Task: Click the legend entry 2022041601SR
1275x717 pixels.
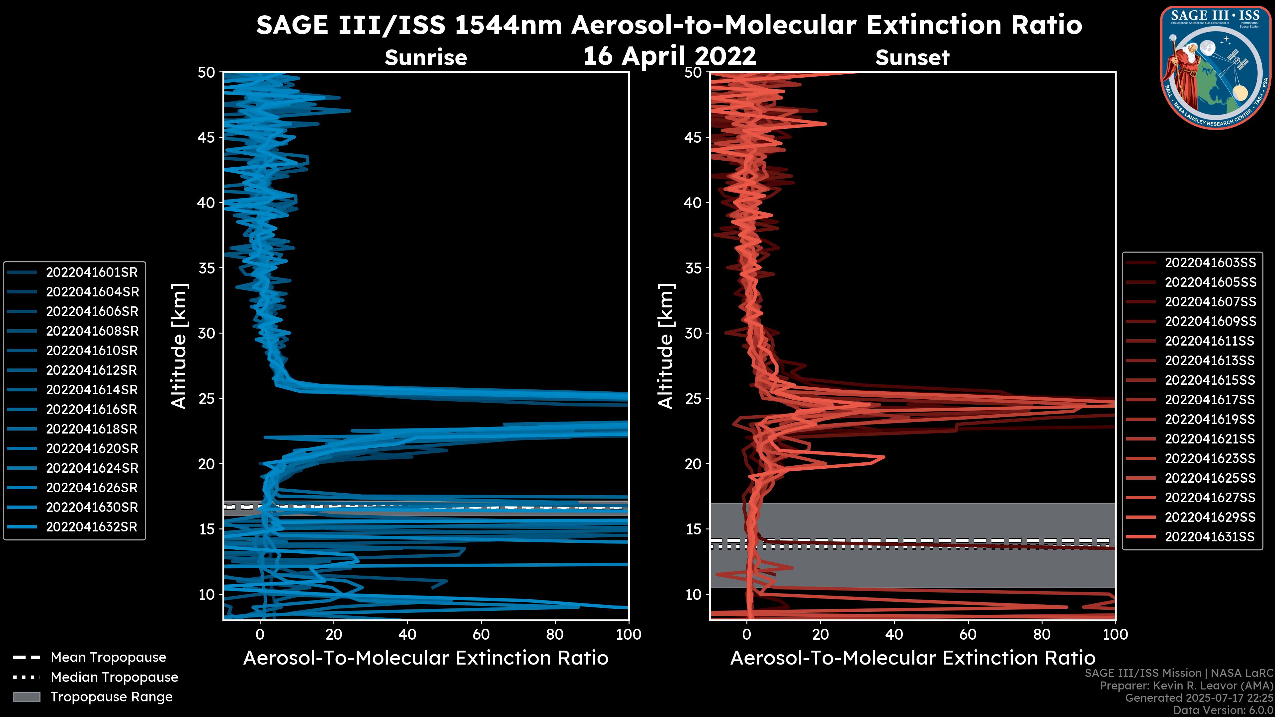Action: point(92,272)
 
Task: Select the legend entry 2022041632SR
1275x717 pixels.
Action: point(92,527)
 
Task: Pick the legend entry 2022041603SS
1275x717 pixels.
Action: point(1210,263)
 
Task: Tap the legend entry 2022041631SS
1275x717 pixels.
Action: point(1210,537)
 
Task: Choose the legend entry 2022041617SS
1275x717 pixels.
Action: point(1210,400)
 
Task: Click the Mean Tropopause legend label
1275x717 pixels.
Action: point(108,658)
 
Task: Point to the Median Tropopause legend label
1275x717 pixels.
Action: point(114,677)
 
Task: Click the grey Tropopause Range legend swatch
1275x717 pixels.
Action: point(26,697)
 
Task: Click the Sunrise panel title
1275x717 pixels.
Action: point(426,58)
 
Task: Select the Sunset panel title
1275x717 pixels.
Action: point(912,58)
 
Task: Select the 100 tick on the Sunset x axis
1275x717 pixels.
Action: point(1115,634)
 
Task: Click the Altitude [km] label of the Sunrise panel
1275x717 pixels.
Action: point(179,346)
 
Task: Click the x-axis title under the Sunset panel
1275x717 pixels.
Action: point(912,658)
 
